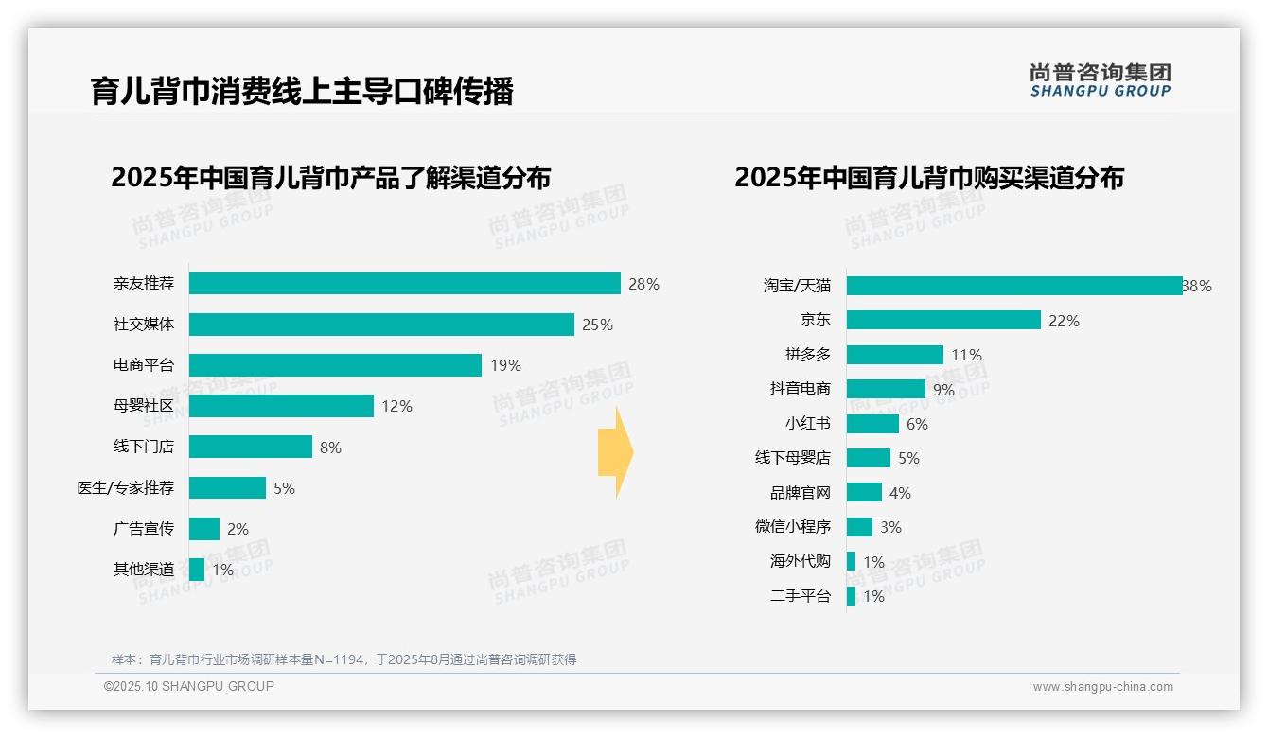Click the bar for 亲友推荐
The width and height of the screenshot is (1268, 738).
pyautogui.click(x=404, y=284)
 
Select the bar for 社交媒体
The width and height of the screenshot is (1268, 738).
pyautogui.click(x=381, y=325)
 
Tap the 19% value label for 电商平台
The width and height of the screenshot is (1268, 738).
pyautogui.click(x=505, y=365)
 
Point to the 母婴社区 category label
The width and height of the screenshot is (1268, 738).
pyautogui.click(x=144, y=406)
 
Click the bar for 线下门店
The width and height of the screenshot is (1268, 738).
pyautogui.click(x=251, y=447)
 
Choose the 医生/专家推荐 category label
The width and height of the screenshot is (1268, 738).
pyautogui.click(x=126, y=488)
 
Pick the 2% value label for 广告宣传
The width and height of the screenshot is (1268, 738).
pyautogui.click(x=238, y=529)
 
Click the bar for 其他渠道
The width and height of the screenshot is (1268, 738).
pyautogui.click(x=197, y=570)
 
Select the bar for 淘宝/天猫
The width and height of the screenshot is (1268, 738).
pyautogui.click(x=1013, y=286)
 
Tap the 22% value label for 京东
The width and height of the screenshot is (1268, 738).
pyautogui.click(x=1064, y=321)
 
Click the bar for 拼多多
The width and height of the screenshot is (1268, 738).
pyautogui.click(x=894, y=355)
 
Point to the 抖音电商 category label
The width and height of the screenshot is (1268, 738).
pyautogui.click(x=801, y=389)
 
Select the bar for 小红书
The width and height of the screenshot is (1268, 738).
pyautogui.click(x=872, y=424)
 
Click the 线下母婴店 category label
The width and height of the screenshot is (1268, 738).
pyautogui.click(x=793, y=458)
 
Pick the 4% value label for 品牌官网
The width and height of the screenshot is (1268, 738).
pyautogui.click(x=900, y=493)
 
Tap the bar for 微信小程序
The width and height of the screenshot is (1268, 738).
pyautogui.click(x=859, y=527)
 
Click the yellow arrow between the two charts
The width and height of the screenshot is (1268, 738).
pyautogui.click(x=615, y=453)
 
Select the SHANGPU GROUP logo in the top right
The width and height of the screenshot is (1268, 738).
pyautogui.click(x=1100, y=80)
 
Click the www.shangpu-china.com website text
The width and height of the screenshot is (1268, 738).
pyautogui.click(x=1102, y=687)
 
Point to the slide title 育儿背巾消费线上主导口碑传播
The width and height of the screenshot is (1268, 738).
pyautogui.click(x=302, y=92)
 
